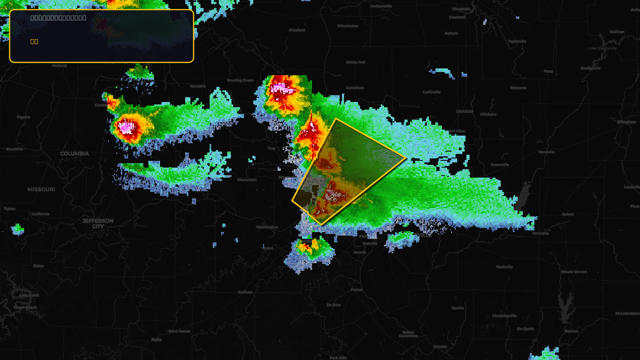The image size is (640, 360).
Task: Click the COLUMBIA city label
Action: pos(74,154)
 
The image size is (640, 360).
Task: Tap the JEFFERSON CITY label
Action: pos(98,223)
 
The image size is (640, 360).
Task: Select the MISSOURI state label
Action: pos(41,189)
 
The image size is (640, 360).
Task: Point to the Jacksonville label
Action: pos(381,6)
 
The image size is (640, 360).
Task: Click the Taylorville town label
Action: pos(517,41)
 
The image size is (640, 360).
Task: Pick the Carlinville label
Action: pos(431,92)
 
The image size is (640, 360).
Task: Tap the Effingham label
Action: pos(626,122)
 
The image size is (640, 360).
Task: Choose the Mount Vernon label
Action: pos(574,272)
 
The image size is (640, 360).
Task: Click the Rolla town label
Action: pos(156,340)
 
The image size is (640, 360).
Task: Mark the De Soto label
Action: pos(334,305)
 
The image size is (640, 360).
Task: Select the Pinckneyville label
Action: pos(504,316)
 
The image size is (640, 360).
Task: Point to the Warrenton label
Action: pos(246,180)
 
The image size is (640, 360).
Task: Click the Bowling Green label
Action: pos(240,80)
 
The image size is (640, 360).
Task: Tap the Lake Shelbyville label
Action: pos(602,48)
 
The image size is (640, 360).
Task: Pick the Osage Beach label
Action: pos(25,308)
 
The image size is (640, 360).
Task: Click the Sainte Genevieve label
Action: pos(408,334)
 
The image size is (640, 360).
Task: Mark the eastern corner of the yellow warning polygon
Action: pos(406,158)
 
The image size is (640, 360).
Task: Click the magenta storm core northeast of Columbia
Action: pos(126,127)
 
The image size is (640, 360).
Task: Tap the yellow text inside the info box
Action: pos(34,42)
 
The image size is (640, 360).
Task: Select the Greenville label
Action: pos(500,165)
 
